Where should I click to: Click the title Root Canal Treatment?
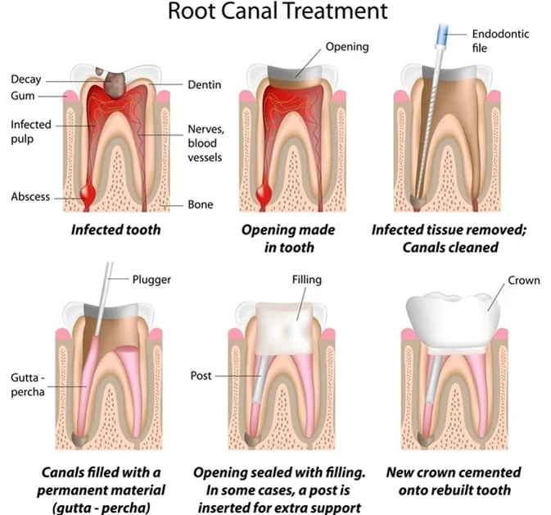(275, 12)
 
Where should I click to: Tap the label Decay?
(26, 80)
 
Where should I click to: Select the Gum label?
(22, 95)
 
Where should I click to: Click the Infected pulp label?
(31, 131)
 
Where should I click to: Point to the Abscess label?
(30, 198)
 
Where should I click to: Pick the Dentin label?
(204, 84)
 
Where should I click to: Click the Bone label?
(201, 203)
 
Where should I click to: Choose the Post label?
(201, 376)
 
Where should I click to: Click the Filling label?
(306, 280)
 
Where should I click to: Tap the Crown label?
(524, 280)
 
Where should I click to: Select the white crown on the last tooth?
(455, 315)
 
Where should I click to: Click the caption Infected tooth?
(115, 229)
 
